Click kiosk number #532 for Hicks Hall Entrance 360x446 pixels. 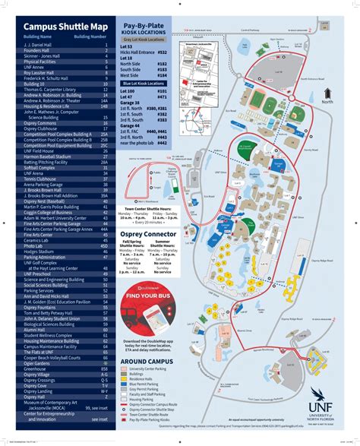[x=162, y=53]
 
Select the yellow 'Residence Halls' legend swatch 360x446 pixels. [x=125, y=373]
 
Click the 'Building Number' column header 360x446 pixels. [x=90, y=36]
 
